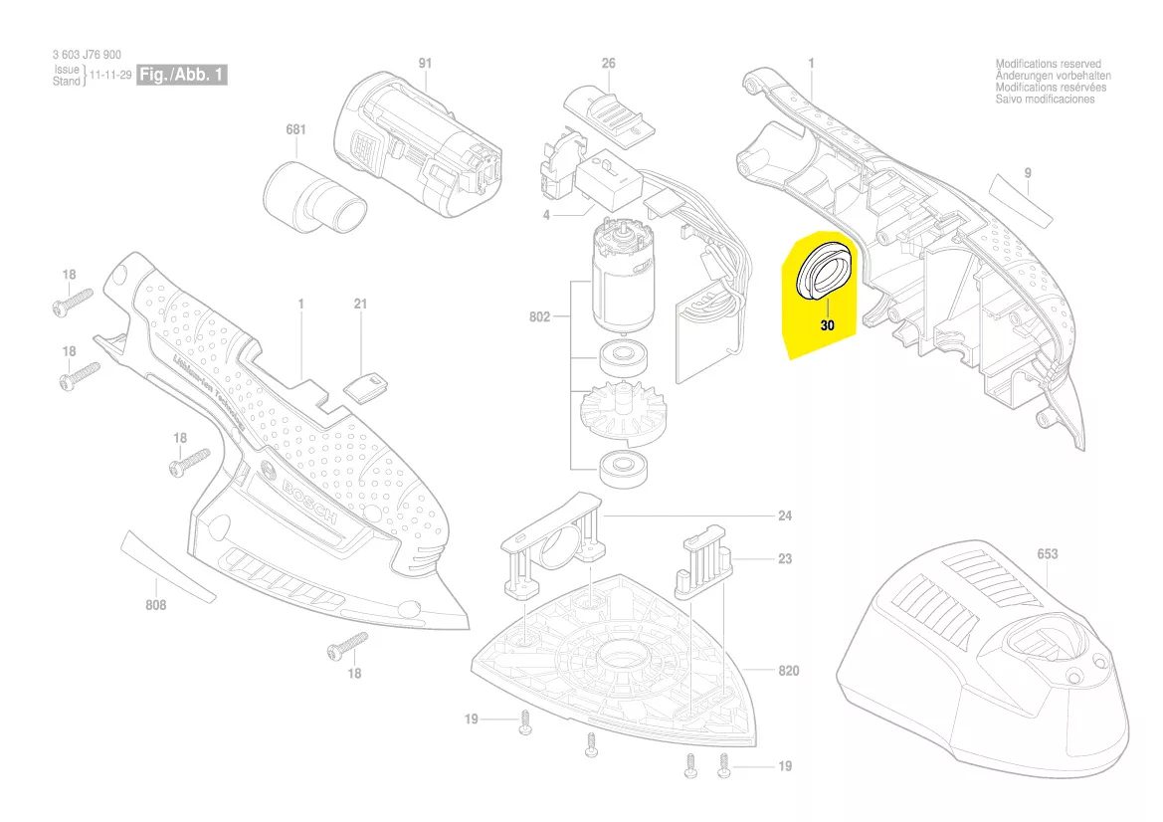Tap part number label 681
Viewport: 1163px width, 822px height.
[295, 130]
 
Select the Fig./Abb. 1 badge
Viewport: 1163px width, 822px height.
[182, 75]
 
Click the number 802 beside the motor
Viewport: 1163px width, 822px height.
[539, 318]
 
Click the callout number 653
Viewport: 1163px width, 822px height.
[1047, 554]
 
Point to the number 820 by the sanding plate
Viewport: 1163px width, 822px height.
[788, 671]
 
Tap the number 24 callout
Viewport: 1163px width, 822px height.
[785, 516]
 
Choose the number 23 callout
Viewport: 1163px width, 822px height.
[785, 559]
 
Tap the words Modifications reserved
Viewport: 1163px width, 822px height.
[1048, 64]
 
